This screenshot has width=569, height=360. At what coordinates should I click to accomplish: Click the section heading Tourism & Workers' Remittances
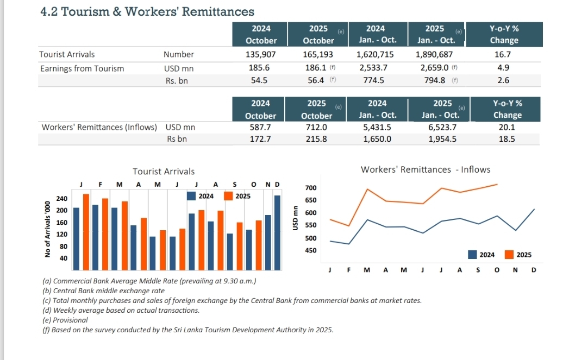[147, 11]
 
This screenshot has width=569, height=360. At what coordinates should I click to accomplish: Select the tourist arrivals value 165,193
[318, 54]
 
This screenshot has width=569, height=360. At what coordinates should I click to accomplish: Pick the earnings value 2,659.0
[434, 68]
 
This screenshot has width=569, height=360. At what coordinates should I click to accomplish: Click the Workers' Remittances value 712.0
[316, 127]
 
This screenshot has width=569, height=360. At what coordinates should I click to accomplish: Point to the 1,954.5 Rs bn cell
[442, 139]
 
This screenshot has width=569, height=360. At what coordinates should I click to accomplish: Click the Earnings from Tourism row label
[82, 68]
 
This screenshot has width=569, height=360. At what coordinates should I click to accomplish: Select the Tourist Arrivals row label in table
[67, 54]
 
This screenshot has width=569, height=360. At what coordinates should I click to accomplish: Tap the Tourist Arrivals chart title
[164, 172]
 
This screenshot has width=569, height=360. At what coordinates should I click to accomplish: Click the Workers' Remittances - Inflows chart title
[425, 169]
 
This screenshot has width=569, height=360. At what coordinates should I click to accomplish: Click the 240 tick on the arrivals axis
[62, 199]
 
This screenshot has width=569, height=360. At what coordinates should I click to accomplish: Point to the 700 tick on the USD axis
[310, 188]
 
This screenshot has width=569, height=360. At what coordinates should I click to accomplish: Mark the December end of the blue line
[534, 209]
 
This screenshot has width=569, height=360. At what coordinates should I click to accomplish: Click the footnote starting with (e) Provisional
[65, 320]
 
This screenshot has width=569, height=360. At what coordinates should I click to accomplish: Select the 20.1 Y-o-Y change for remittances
[507, 127]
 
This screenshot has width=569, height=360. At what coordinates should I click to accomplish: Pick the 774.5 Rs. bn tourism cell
[373, 80]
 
